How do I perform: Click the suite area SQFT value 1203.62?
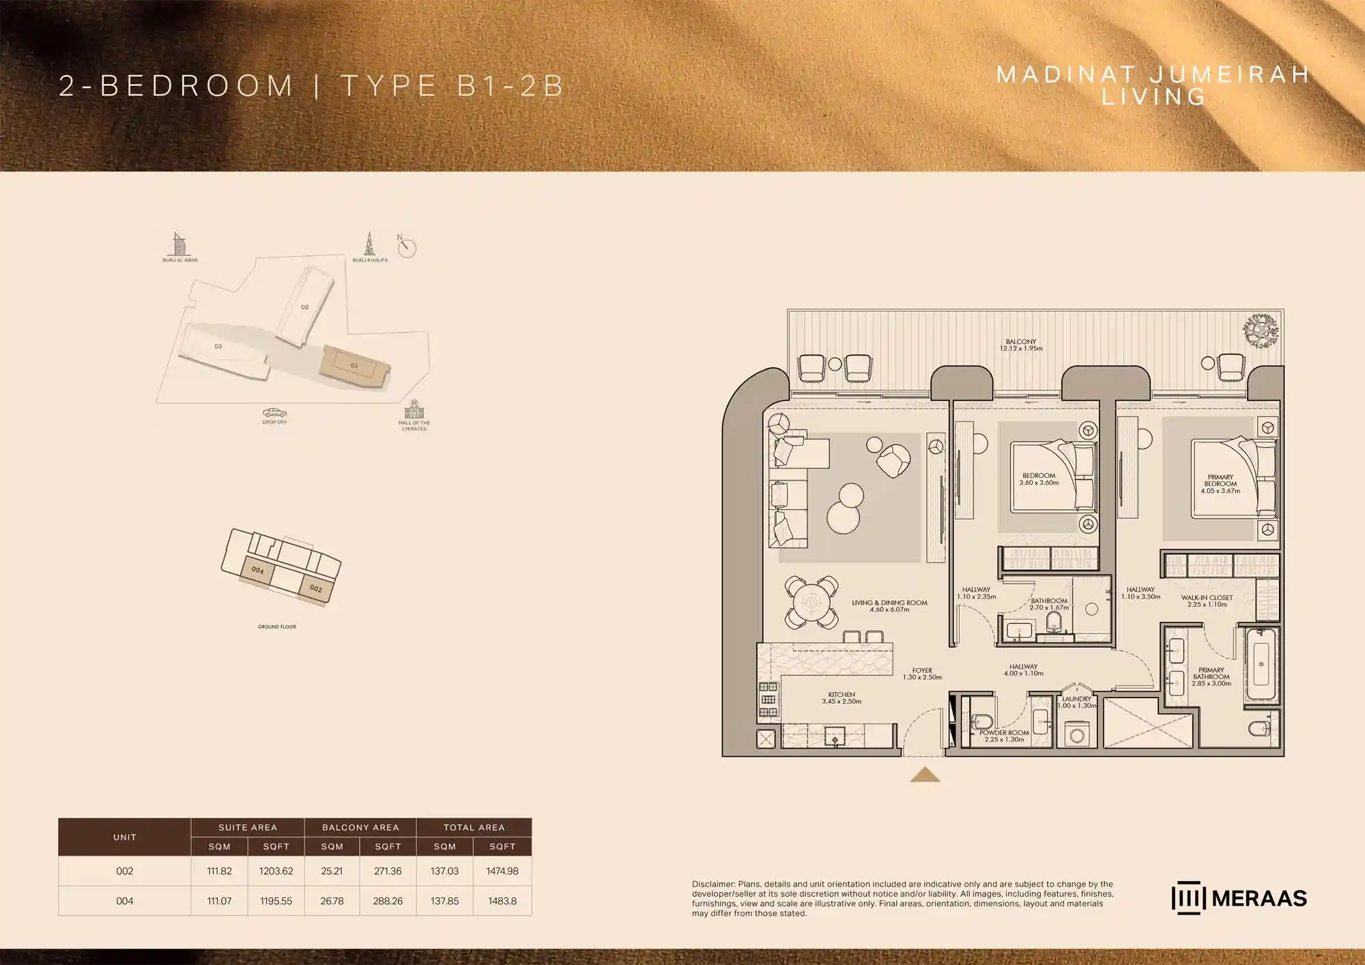[276, 871]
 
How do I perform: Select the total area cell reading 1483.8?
[502, 901]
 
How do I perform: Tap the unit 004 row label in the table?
[124, 901]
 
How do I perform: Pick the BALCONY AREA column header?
[360, 827]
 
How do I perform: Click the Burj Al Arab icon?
[179, 244]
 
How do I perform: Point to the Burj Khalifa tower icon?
[370, 244]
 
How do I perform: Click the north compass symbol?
[407, 247]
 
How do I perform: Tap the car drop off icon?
[274, 413]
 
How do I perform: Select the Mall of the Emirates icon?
[414, 409]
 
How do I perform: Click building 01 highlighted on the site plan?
[354, 366]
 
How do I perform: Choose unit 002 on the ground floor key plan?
[316, 588]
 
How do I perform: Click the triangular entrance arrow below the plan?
[925, 775]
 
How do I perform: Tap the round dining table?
[811, 603]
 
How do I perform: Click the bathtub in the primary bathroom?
[1261, 664]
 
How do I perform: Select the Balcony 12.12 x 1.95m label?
[1021, 345]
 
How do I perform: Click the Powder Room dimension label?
[1004, 736]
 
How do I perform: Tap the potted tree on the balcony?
[1260, 331]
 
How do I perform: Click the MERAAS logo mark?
[1188, 898]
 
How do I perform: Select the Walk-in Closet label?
[1207, 601]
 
